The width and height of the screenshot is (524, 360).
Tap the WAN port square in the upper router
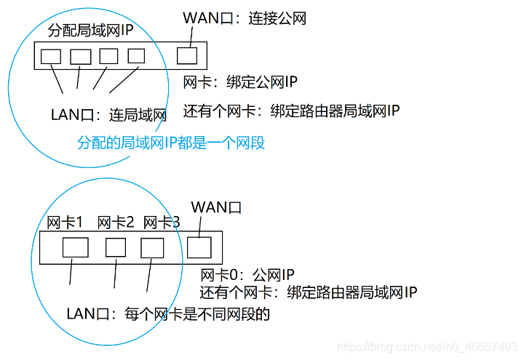[187, 55]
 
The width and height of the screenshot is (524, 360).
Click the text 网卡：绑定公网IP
[239, 82]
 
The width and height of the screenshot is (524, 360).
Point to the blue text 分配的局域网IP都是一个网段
[171, 143]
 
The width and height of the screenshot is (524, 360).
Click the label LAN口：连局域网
[108, 115]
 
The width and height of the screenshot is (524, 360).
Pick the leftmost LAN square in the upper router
[50, 56]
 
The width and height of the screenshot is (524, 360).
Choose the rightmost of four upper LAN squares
[137, 55]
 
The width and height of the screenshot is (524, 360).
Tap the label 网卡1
[65, 222]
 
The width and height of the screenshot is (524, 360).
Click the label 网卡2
[115, 222]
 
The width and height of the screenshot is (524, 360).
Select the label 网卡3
[162, 222]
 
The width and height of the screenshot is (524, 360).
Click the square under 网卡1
[76, 247]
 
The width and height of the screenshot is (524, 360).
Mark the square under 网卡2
[116, 247]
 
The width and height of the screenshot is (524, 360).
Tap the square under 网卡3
[153, 248]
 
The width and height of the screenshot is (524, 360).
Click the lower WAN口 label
[215, 208]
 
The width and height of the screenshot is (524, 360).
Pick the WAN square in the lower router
[199, 247]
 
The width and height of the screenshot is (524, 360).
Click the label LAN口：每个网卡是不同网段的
[168, 314]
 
